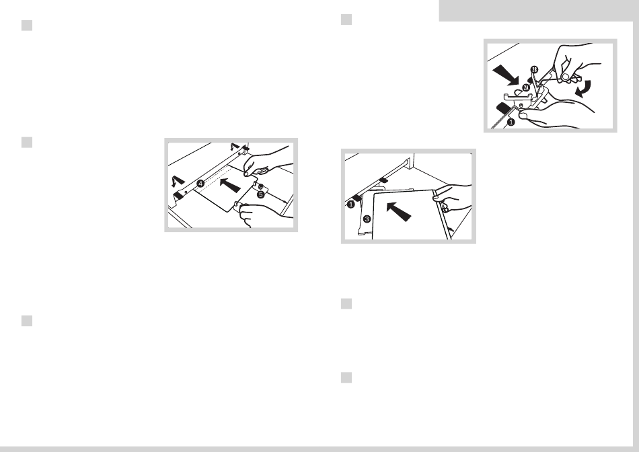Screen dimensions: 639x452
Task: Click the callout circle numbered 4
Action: coord(200,184)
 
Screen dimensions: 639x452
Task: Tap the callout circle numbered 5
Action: coord(261,195)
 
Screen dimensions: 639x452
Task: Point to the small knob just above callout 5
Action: coord(260,187)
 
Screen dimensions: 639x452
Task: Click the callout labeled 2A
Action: coord(526,87)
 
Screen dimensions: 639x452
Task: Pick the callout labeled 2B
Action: coord(535,69)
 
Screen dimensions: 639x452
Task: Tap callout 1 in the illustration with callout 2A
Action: coord(511,122)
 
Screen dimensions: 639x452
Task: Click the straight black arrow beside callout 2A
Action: coord(506,77)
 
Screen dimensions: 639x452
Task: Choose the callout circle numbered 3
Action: coord(367,219)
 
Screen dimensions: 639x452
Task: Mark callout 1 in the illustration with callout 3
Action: coord(350,204)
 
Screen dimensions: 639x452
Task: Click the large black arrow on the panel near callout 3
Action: coord(399,211)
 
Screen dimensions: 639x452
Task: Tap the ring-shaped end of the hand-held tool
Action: coord(565,76)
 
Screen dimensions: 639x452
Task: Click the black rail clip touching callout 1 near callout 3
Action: coord(356,197)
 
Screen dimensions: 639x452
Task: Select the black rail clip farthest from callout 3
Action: coord(383,180)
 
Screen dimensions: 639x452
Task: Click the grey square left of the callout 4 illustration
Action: coord(27,143)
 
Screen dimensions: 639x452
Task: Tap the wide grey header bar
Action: coord(539,11)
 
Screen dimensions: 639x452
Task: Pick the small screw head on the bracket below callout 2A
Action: coord(521,106)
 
